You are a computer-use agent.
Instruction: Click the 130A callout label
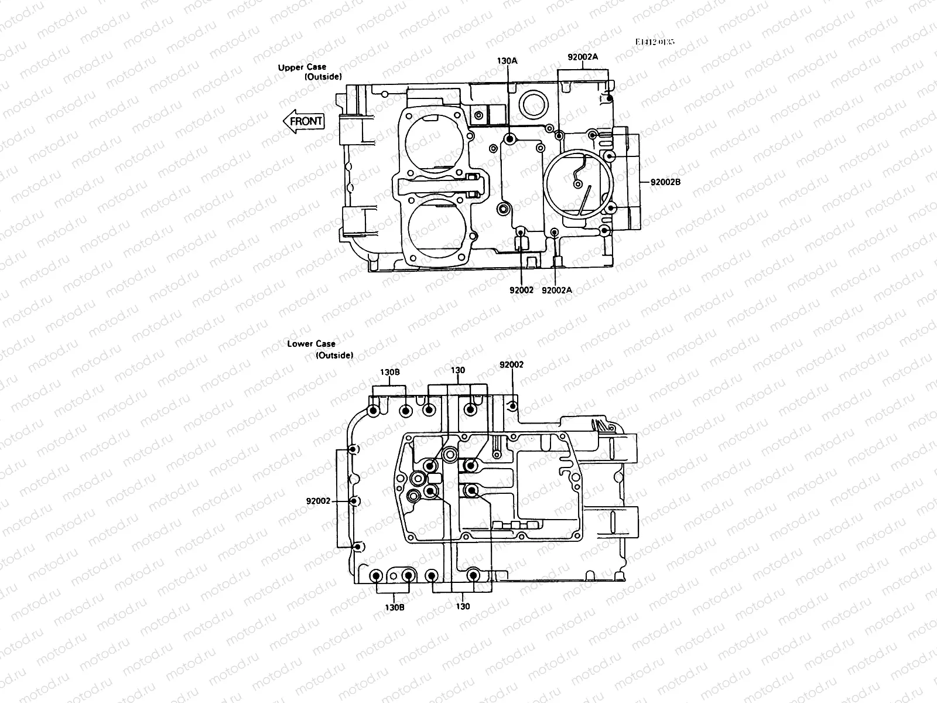click(x=507, y=61)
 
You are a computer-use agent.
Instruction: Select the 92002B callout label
click(x=665, y=182)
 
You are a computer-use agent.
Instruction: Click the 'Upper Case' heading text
click(x=302, y=67)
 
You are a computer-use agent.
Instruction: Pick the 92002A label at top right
click(x=583, y=57)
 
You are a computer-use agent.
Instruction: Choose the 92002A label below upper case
click(x=557, y=290)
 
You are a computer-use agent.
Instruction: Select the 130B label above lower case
click(x=390, y=372)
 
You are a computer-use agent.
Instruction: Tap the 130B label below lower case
click(x=394, y=607)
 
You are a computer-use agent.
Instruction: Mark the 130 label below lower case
click(x=463, y=606)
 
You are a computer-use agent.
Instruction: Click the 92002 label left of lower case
click(x=319, y=501)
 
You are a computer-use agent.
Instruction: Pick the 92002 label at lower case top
click(x=512, y=364)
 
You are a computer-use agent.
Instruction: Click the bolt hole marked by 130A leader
click(x=509, y=139)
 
